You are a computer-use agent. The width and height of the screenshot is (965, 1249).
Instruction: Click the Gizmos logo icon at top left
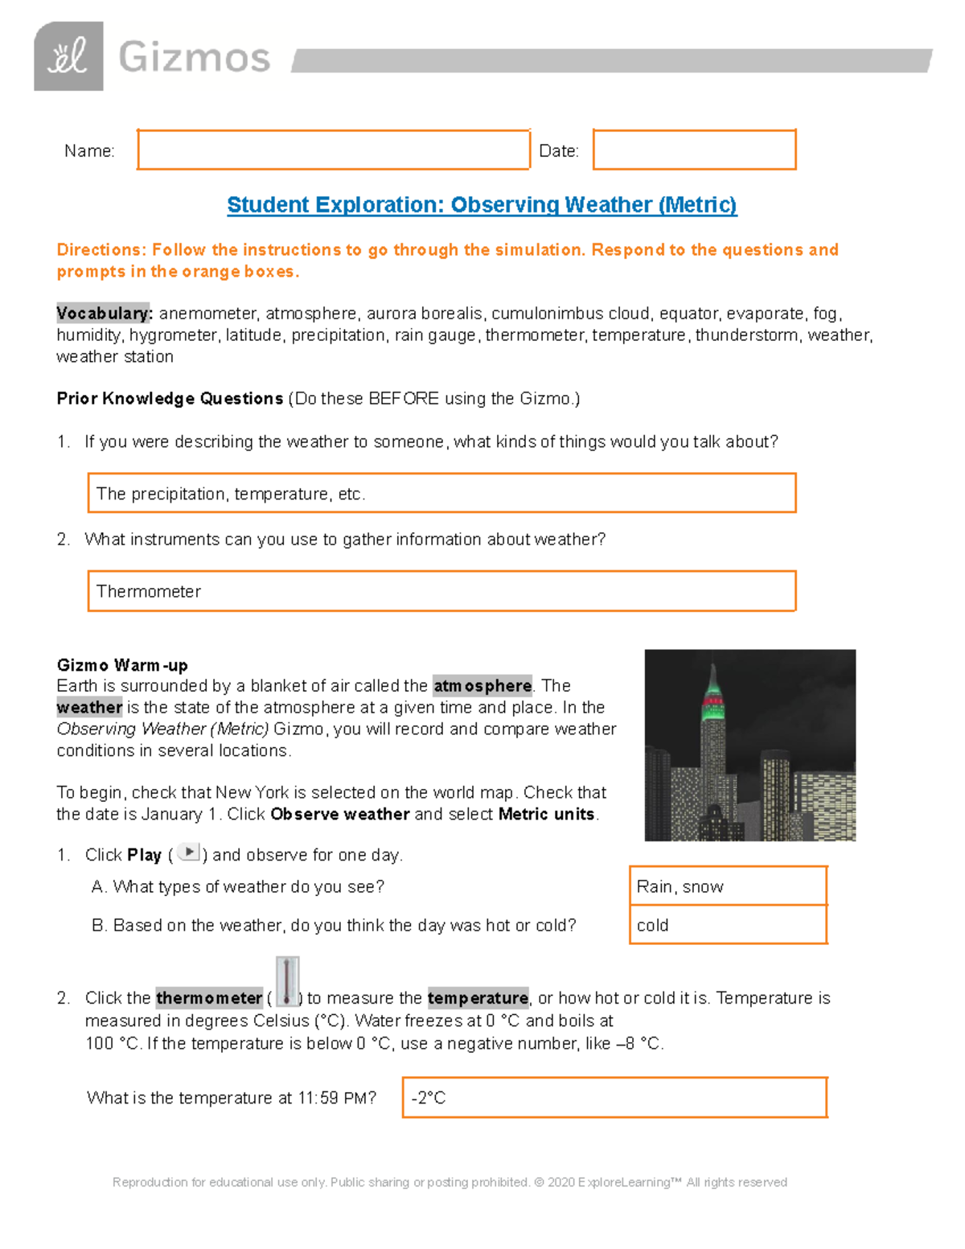pos(68,56)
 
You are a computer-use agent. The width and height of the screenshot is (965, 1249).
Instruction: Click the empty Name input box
pos(333,150)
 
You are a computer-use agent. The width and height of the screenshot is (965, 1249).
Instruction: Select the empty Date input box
pos(694,150)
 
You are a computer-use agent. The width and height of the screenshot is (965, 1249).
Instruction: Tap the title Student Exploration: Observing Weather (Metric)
pos(482,205)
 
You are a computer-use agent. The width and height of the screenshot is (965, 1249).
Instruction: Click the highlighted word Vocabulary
pos(104,313)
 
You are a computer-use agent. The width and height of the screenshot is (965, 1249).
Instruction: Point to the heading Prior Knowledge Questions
pos(170,398)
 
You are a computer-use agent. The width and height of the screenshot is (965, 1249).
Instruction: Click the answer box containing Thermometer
pos(441,591)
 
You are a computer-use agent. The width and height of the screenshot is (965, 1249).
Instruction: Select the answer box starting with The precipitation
pos(441,493)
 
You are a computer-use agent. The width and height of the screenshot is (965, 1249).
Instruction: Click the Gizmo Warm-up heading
pos(122,665)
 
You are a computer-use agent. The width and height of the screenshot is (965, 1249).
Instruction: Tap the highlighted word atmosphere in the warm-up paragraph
pos(482,686)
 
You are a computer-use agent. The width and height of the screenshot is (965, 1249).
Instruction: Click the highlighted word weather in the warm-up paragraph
pos(89,708)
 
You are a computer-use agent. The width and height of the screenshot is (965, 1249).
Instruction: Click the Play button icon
pos(188,853)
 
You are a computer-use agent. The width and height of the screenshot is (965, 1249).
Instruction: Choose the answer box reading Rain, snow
pos(728,886)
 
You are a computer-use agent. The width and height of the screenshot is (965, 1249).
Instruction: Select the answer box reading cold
pos(728,925)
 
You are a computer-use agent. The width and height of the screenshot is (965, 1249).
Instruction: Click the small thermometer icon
pos(286,981)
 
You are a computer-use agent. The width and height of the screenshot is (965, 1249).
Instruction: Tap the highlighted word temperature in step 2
pos(478,998)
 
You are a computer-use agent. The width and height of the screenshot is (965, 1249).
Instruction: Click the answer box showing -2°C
pos(614,1098)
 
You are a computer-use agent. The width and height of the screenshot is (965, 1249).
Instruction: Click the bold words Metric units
pos(546,814)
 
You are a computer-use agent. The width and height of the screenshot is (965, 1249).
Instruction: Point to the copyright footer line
pos(450,1182)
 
